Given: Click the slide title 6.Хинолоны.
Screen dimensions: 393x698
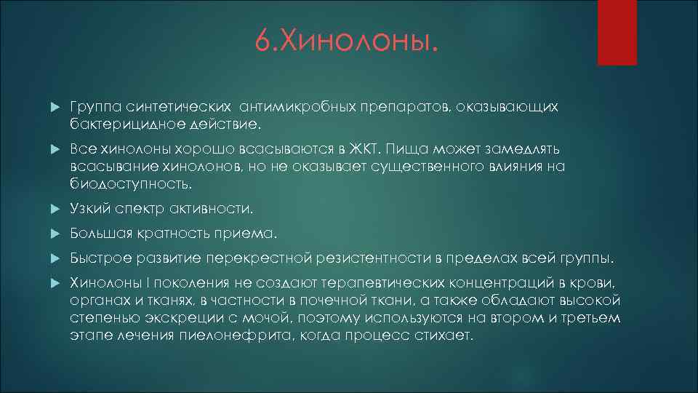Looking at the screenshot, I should pyautogui.click(x=348, y=41).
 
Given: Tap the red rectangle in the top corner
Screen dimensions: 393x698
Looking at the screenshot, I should pyautogui.click(x=617, y=33).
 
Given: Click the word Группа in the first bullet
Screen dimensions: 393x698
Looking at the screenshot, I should pyautogui.click(x=94, y=107).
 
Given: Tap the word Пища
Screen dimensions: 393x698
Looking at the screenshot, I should pyautogui.click(x=407, y=149).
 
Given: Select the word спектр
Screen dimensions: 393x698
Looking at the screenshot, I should pyautogui.click(x=139, y=209).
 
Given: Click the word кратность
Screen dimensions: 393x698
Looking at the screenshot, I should pyautogui.click(x=171, y=234).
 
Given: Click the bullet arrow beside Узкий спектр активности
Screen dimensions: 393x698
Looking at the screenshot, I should pyautogui.click(x=51, y=210).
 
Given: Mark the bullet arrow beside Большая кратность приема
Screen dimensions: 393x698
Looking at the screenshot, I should pyautogui.click(x=51, y=234).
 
